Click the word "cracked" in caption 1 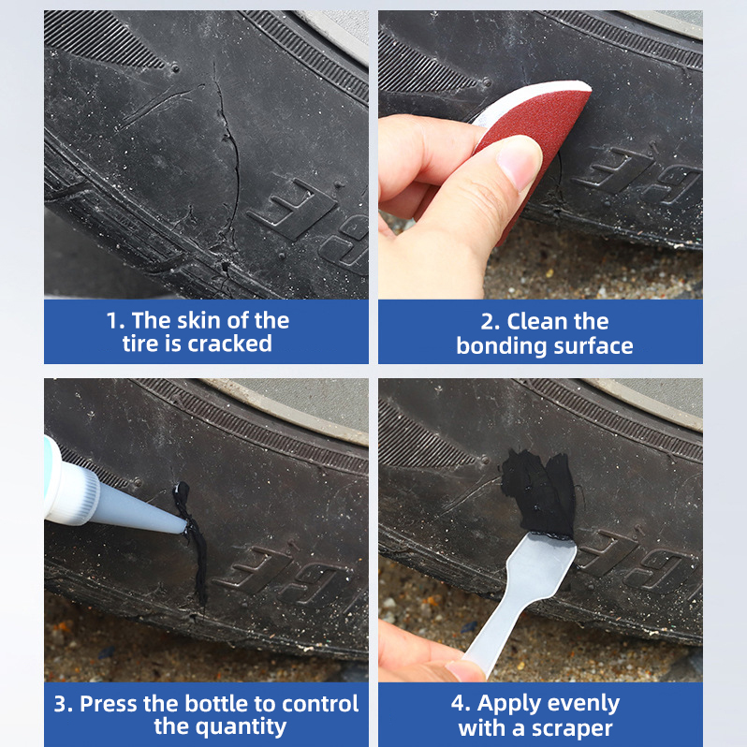tap(230, 344)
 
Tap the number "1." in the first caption tap(115, 321)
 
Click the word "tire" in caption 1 tap(140, 344)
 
